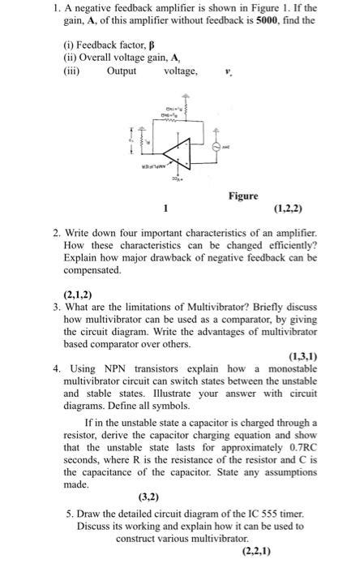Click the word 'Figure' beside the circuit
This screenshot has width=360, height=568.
tap(243, 196)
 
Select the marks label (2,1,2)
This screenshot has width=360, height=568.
tap(78, 295)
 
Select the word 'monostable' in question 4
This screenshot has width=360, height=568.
tap(291, 368)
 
